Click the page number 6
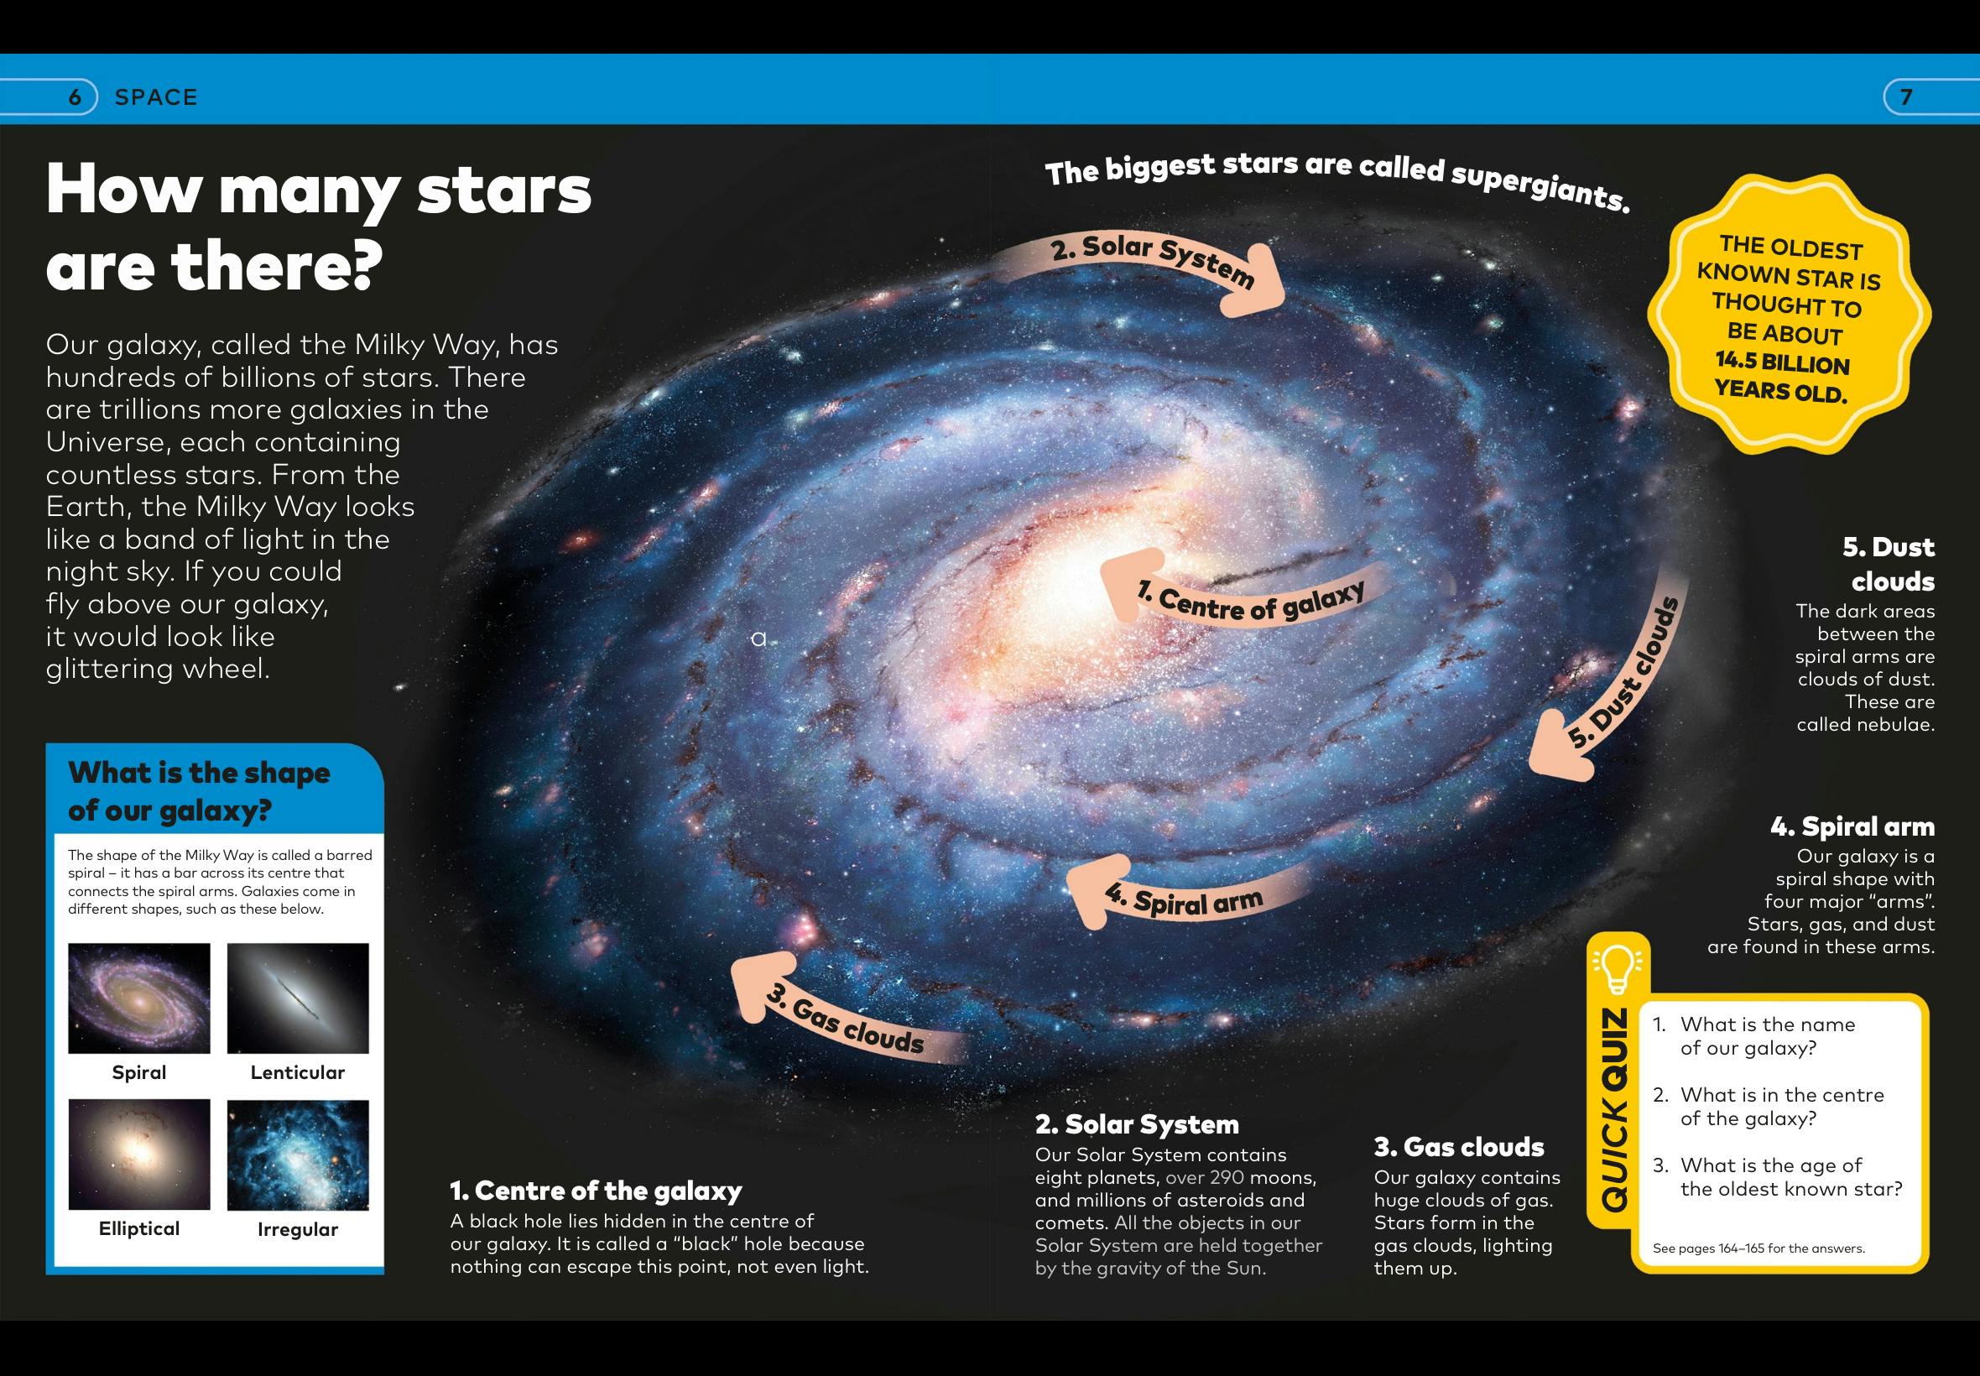74,97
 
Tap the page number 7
1907,97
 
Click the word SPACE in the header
156,97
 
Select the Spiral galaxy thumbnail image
138,998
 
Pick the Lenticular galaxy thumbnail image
297,998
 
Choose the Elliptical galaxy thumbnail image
138,1154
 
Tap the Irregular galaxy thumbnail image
297,1154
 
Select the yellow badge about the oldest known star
1789,315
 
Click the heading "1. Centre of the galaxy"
596,1191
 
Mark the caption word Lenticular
297,1072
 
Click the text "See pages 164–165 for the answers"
1759,1248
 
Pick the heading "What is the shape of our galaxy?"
199,791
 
